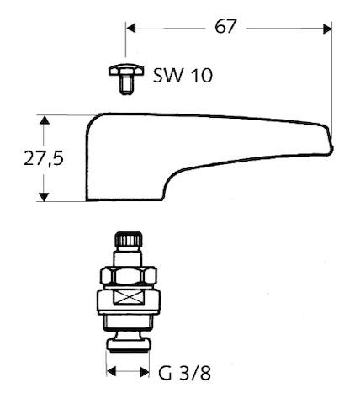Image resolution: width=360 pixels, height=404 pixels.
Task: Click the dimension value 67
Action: pos(225,26)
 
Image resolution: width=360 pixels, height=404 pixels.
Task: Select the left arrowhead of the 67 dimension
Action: pos(132,27)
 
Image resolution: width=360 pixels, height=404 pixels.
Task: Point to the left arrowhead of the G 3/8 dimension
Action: pos(111,371)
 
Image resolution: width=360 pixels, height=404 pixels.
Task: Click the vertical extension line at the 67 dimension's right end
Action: pos(332,76)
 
